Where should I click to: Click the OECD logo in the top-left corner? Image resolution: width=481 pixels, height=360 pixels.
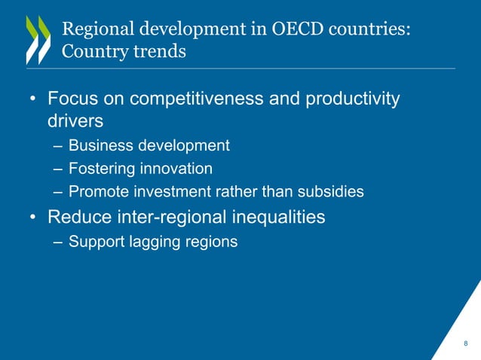[x=37, y=39]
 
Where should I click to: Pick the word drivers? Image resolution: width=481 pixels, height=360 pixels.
[x=75, y=121]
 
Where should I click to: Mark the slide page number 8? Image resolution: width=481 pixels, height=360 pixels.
[x=465, y=344]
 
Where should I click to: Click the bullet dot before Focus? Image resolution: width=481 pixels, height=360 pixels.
[x=33, y=100]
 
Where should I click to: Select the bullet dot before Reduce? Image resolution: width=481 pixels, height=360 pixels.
[x=33, y=218]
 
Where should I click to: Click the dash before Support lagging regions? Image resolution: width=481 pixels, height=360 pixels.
[x=59, y=242]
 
